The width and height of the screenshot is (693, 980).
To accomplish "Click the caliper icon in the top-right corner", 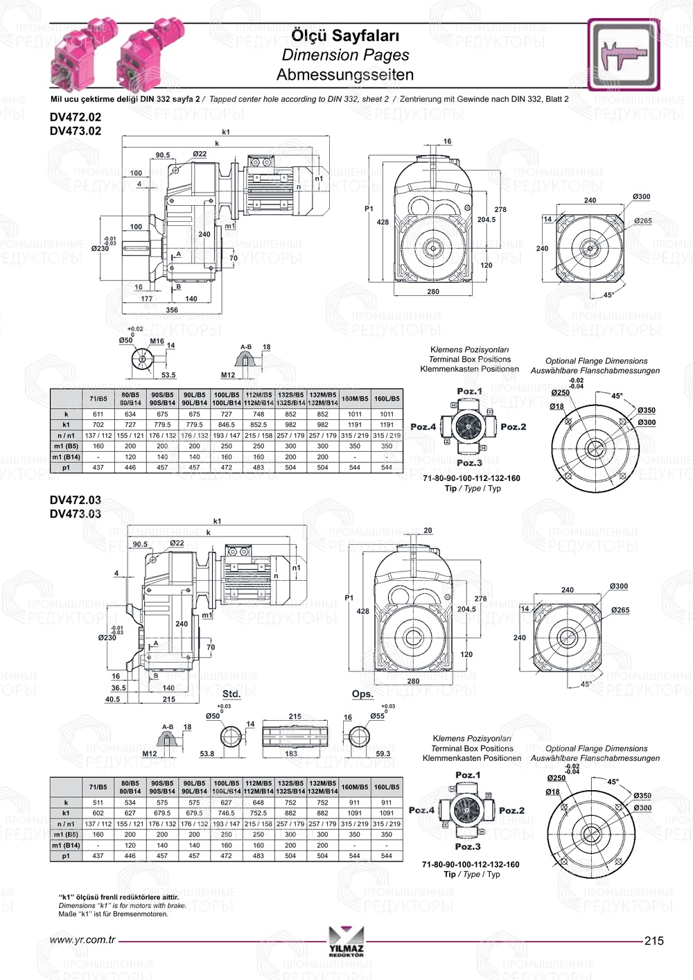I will [x=623, y=55].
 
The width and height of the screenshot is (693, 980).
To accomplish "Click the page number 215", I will [x=653, y=940].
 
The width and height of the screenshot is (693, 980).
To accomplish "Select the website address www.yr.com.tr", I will [x=82, y=940].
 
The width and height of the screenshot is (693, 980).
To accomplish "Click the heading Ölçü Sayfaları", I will [x=345, y=35].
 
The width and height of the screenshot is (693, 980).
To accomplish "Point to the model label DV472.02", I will [x=76, y=119].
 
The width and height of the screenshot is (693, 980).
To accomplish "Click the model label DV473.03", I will [x=76, y=514].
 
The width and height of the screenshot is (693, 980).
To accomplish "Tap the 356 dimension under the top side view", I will [x=172, y=310].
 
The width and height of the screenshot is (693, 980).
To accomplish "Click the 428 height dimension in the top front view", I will [x=383, y=222].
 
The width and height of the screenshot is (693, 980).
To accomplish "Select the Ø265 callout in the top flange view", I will [x=642, y=221].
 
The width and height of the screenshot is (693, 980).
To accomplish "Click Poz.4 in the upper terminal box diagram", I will [x=423, y=427].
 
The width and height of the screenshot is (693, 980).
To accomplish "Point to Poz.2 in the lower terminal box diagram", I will [x=511, y=810].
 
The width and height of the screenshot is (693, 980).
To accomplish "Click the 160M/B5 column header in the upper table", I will [x=355, y=399].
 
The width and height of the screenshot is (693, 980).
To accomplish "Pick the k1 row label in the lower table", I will [x=66, y=813].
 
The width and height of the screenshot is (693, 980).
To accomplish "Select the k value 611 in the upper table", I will [x=98, y=414].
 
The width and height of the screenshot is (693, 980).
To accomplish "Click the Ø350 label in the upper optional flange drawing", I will [x=647, y=410].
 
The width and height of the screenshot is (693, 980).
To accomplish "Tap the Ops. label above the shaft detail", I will [x=362, y=694].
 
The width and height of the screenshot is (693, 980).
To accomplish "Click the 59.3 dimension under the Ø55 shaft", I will [x=383, y=753].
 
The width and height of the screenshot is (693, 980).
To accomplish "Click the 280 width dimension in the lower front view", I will [x=413, y=681].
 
